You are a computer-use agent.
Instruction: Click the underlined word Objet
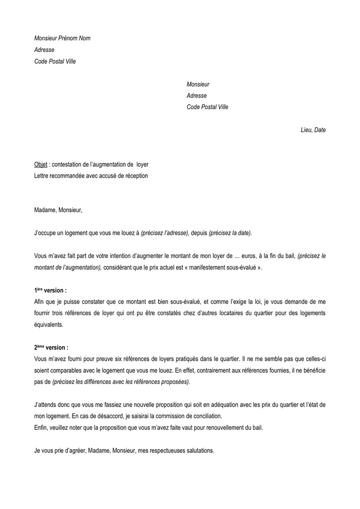tap(41, 165)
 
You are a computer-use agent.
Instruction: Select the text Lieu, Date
tap(313, 130)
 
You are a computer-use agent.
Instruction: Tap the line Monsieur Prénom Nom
tap(62, 38)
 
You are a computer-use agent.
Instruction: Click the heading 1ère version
tap(50, 290)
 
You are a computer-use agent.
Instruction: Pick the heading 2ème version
tap(51, 348)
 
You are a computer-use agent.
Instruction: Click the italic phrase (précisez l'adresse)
tap(165, 234)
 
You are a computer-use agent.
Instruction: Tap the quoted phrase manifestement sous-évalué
tap(226, 268)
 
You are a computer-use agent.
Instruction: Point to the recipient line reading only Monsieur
tap(198, 84)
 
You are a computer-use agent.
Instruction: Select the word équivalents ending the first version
tap(49, 325)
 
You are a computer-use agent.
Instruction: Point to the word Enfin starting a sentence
tap(41, 428)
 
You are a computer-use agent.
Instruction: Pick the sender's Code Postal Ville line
tap(55, 61)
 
